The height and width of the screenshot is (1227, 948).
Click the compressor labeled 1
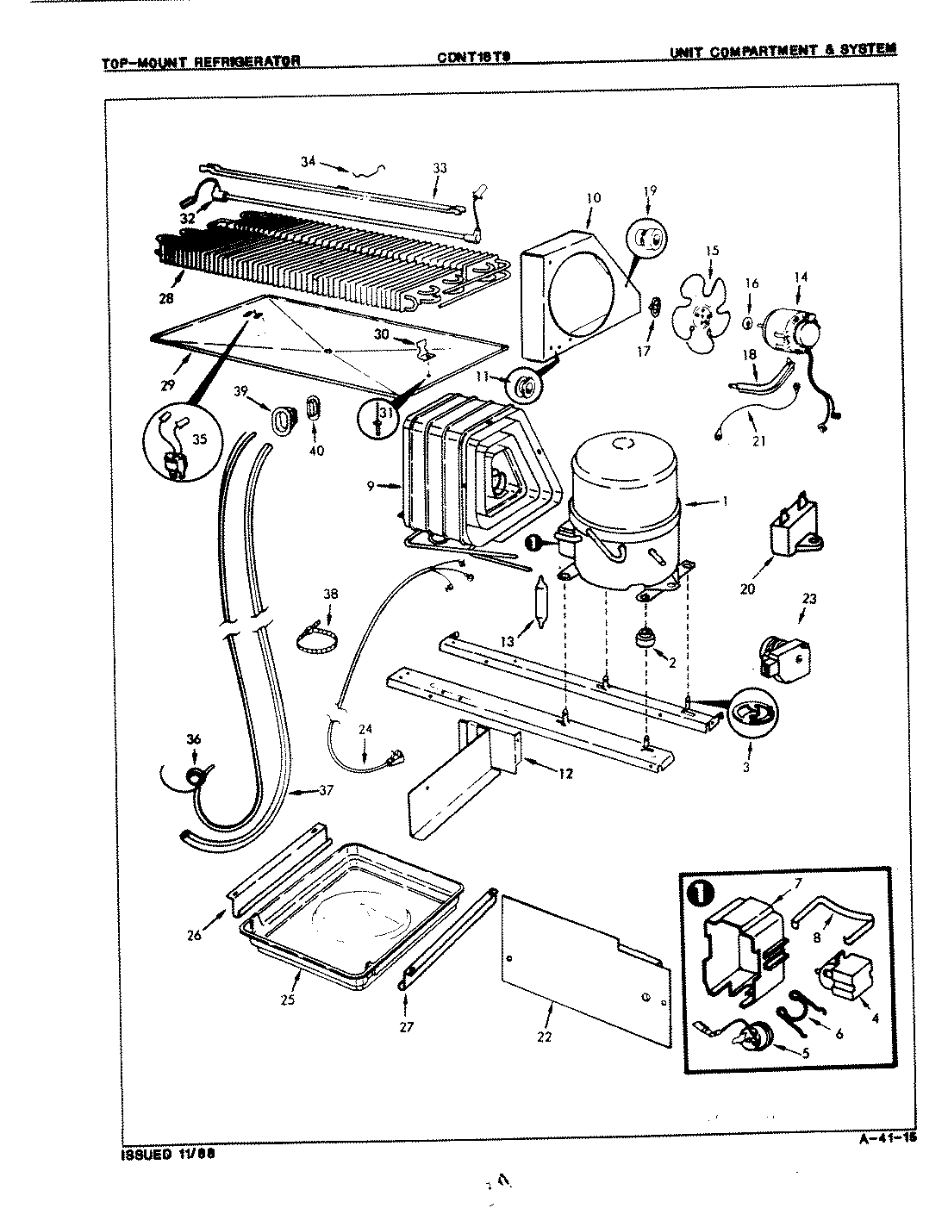(x=625, y=517)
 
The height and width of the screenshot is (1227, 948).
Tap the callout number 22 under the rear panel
(x=543, y=1037)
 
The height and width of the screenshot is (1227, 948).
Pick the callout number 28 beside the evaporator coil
(x=165, y=298)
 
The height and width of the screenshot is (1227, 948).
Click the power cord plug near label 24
(x=396, y=758)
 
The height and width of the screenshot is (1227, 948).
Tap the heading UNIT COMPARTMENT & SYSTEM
(x=783, y=49)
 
